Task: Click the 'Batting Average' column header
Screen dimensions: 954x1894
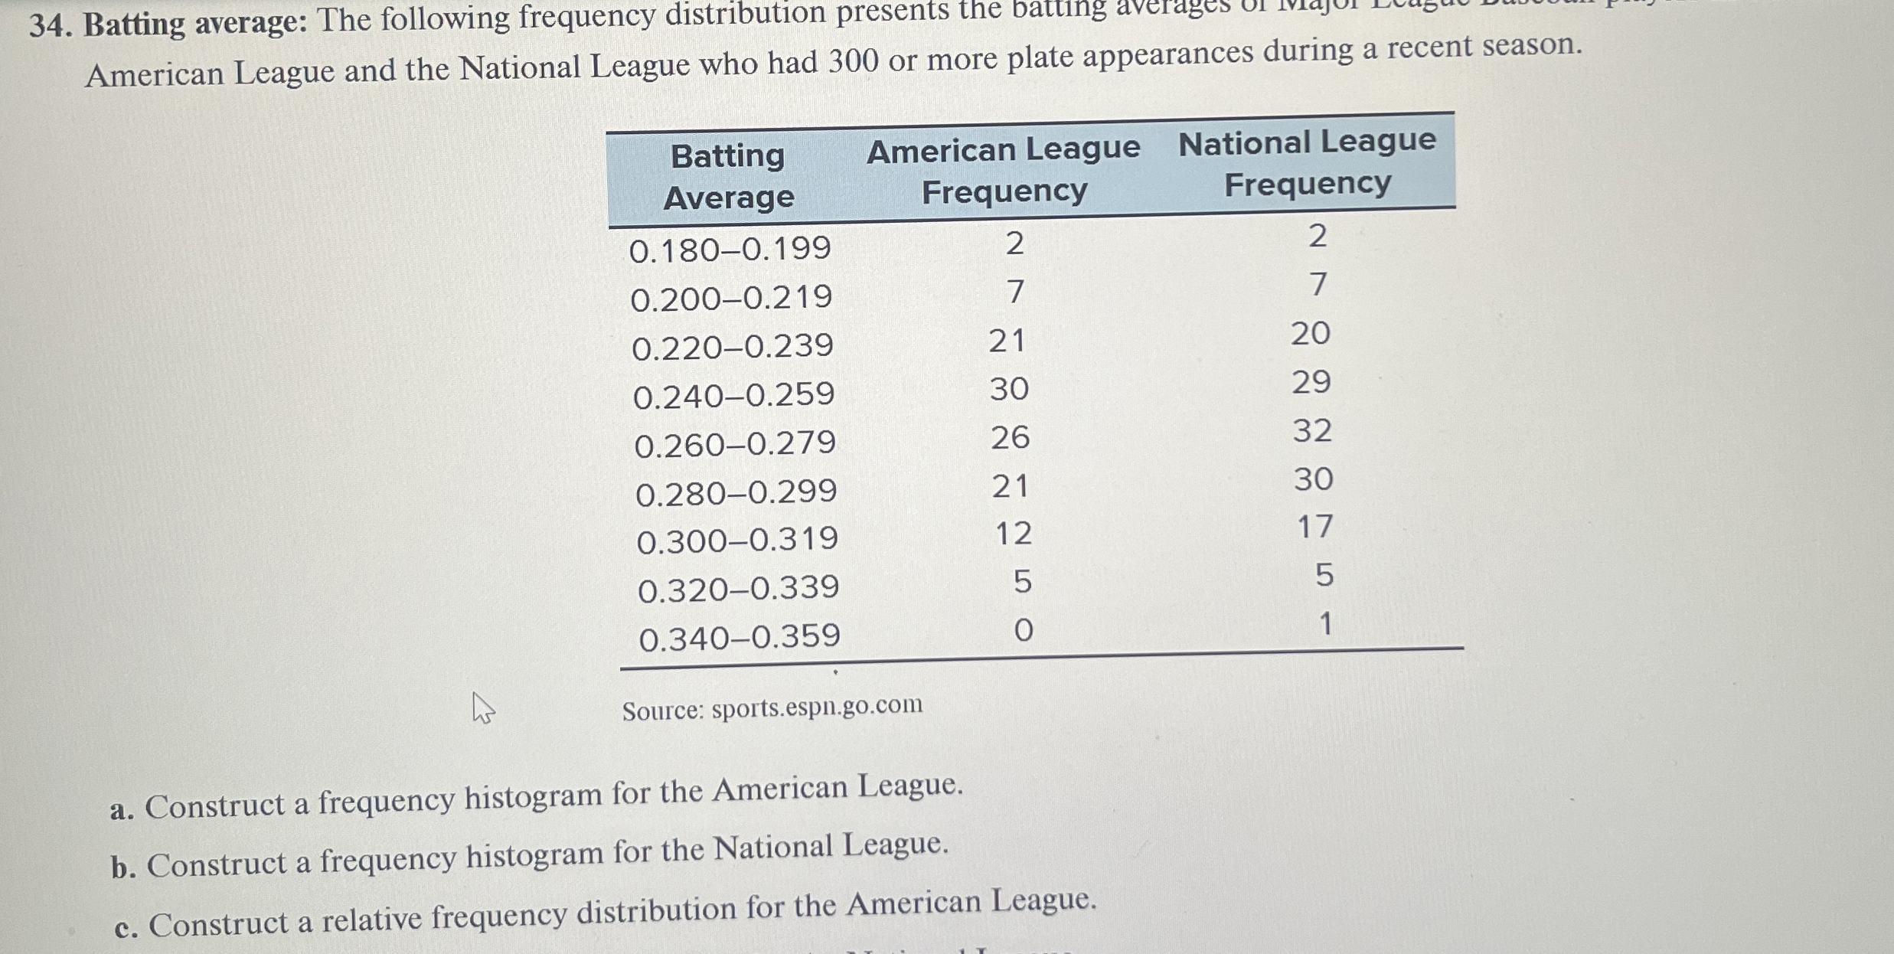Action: click(x=727, y=177)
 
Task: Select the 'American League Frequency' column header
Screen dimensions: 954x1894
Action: click(x=1003, y=169)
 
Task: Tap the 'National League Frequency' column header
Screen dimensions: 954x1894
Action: click(x=1307, y=162)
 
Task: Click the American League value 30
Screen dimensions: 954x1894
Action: click(x=1009, y=389)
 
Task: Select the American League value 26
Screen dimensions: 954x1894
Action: click(x=1010, y=437)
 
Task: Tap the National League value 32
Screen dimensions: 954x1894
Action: click(x=1312, y=430)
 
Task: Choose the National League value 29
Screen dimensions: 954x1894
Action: click(x=1311, y=381)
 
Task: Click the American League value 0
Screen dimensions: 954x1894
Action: click(x=1023, y=630)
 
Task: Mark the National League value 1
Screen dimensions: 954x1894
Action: click(x=1325, y=624)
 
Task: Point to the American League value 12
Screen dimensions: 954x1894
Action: click(x=1013, y=533)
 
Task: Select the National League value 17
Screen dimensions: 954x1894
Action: click(x=1315, y=527)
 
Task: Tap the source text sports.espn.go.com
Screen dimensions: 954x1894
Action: click(x=817, y=706)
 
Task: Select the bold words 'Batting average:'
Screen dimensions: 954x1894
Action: click(x=195, y=24)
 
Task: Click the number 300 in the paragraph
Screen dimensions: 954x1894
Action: click(x=853, y=61)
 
